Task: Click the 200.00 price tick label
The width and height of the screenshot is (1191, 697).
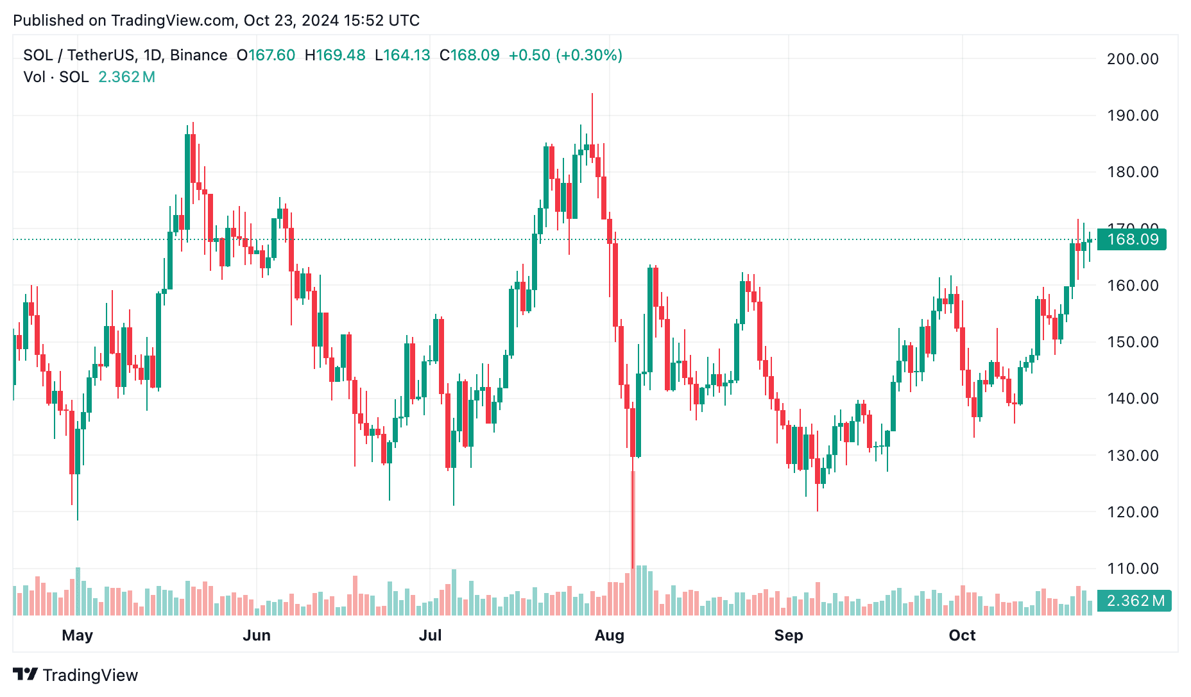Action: tap(1133, 59)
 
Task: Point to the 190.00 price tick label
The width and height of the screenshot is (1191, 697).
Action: tap(1133, 116)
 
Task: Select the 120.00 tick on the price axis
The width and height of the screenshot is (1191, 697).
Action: tap(1133, 512)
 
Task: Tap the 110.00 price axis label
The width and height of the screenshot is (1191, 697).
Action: tap(1133, 569)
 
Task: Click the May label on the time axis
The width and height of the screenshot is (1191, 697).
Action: tap(78, 635)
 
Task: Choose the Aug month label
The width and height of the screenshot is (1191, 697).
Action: tap(609, 635)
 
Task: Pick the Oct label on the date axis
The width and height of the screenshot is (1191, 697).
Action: tap(962, 635)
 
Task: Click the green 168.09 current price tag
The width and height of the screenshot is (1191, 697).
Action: tap(1132, 239)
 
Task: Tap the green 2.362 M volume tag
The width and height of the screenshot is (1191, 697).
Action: tap(1134, 601)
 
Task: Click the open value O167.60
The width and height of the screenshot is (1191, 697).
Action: tap(266, 55)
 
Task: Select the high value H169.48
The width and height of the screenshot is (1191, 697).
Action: tap(334, 55)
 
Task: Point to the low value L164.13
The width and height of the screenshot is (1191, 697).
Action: tap(402, 55)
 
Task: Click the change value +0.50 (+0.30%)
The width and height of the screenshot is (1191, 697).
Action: tap(565, 55)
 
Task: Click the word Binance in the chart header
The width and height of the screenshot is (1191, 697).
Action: tap(198, 55)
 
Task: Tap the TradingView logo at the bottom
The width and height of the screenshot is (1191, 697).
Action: tap(76, 675)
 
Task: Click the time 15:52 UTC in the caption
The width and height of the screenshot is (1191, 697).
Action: tap(381, 21)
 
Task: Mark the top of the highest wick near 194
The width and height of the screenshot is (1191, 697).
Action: tap(592, 94)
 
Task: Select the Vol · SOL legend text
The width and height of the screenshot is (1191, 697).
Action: tap(56, 77)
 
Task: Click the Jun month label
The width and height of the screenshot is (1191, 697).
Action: tap(257, 635)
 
